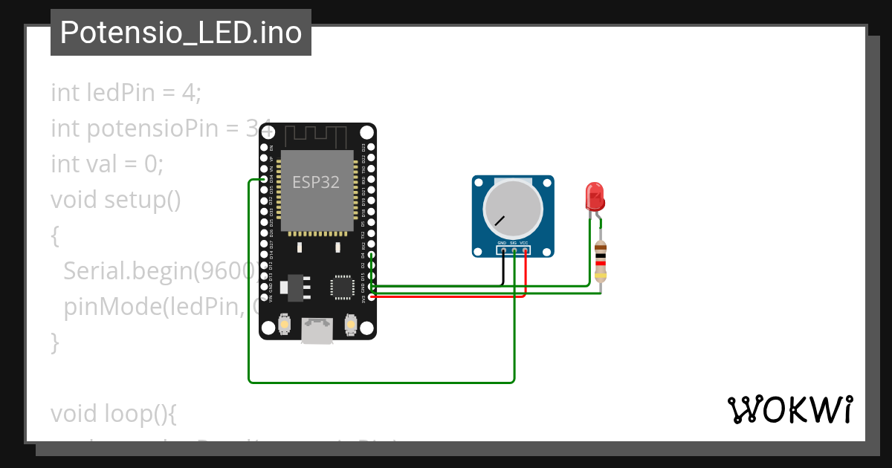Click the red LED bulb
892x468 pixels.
(595, 196)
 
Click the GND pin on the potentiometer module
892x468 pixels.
(503, 250)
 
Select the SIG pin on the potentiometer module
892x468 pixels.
(514, 250)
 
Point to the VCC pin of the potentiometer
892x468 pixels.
(525, 250)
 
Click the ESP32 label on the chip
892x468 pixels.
(316, 182)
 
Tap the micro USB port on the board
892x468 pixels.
(317, 331)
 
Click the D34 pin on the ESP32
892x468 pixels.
(265, 180)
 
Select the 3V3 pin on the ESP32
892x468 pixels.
(371, 297)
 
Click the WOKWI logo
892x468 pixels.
(789, 410)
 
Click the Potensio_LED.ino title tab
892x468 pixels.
(181, 33)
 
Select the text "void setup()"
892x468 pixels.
(116, 200)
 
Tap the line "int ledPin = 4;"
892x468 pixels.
(126, 93)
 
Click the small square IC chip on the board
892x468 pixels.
(343, 287)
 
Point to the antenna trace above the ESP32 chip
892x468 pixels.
(316, 136)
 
